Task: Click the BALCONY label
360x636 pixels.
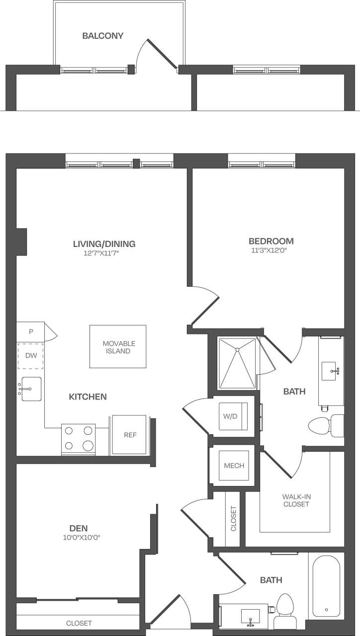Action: coord(103,36)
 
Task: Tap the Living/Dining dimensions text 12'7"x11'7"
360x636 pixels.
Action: coord(104,253)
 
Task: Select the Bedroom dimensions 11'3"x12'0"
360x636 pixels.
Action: coord(271,251)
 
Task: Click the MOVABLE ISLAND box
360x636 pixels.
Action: coord(118,347)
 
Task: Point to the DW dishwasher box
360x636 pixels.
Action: coord(31,355)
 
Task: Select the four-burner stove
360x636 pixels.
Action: coord(78,439)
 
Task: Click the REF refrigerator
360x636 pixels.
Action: coord(130,435)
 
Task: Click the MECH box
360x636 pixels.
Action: coord(234,466)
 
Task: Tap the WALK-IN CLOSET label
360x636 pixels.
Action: coord(296,500)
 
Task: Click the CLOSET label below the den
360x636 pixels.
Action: coord(79,623)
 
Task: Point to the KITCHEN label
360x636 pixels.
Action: coord(88,397)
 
